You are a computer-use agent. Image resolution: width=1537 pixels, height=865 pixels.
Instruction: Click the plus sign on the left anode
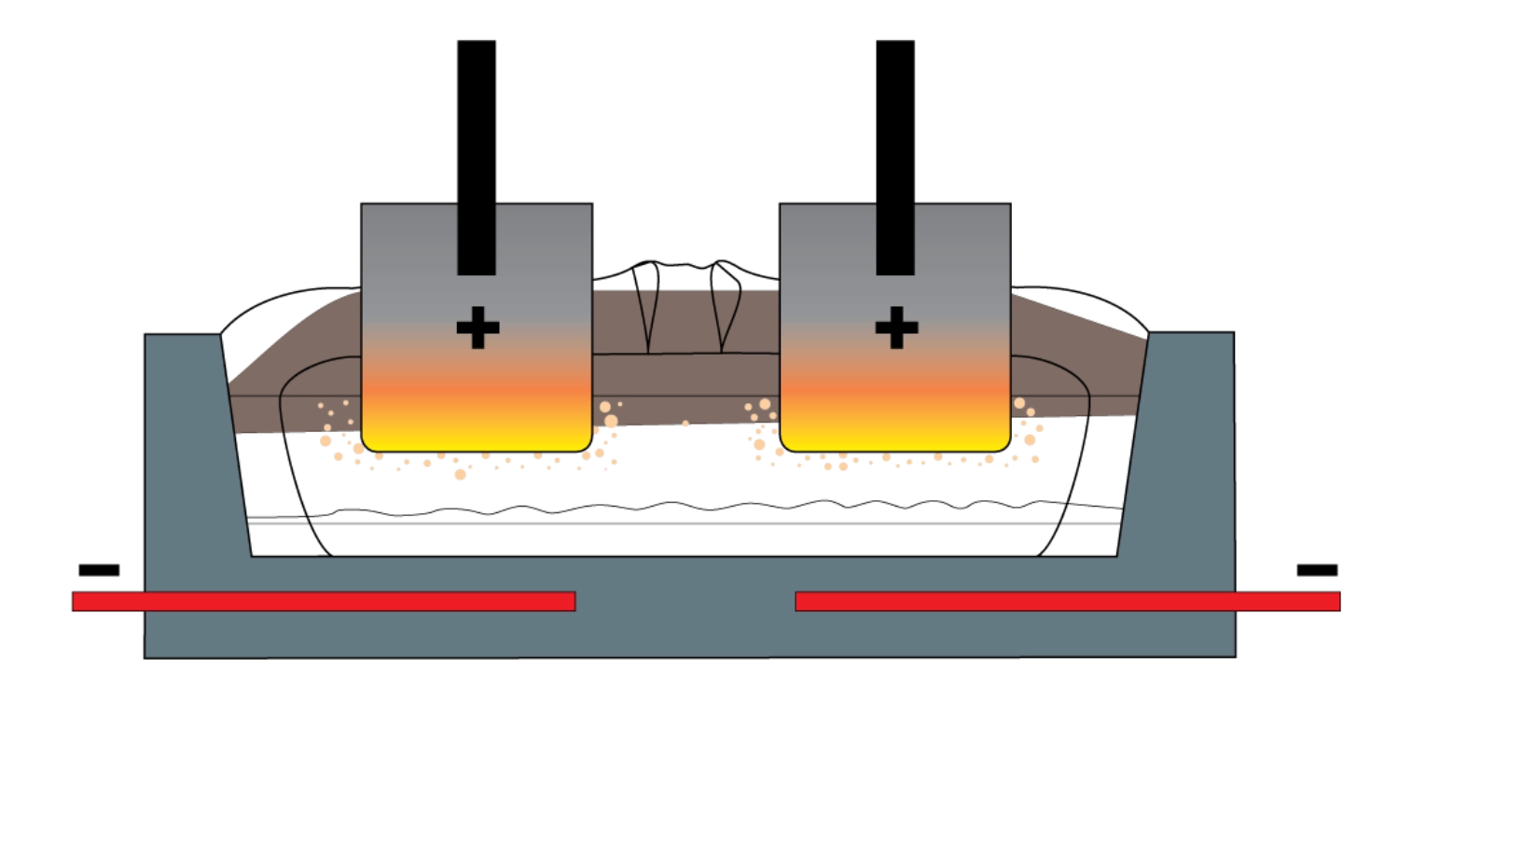click(x=478, y=328)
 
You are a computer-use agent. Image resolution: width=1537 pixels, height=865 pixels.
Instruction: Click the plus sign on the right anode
click(x=896, y=328)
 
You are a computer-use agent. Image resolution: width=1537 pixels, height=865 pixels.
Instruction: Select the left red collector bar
click(x=323, y=601)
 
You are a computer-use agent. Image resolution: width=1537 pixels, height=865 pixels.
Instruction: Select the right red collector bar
click(x=1068, y=601)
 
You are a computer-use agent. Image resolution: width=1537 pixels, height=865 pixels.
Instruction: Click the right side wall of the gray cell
click(x=1184, y=448)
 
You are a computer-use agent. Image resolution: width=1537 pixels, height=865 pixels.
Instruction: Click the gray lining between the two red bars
click(x=685, y=601)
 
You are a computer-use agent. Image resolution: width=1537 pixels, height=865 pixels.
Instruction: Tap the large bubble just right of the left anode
click(x=610, y=421)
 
